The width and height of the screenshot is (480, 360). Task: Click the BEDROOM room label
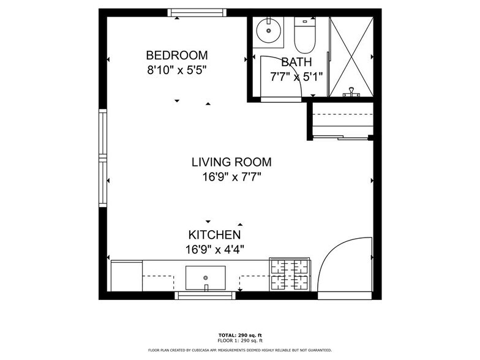click(x=176, y=55)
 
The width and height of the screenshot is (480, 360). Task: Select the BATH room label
click(x=296, y=62)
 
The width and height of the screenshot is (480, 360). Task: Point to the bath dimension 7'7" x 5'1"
click(x=296, y=77)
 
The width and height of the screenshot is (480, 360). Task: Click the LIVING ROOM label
click(x=231, y=162)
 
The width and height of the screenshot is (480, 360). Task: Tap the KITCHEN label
click(x=214, y=234)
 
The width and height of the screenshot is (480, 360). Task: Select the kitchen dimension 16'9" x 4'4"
click(x=214, y=249)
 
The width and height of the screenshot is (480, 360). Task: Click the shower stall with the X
click(x=351, y=56)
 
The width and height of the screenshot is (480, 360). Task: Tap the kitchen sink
click(x=205, y=278)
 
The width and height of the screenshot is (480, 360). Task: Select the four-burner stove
click(x=290, y=275)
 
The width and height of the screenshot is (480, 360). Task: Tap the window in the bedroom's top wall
click(x=197, y=12)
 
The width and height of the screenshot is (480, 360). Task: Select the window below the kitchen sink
click(x=205, y=296)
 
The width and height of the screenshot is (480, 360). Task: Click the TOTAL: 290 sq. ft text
click(x=239, y=336)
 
